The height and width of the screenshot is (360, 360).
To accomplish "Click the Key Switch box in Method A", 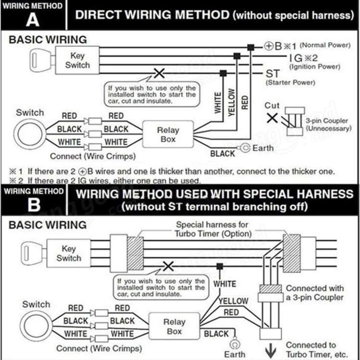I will point(77,60).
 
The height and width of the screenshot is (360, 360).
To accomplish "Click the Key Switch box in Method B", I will point(69,253).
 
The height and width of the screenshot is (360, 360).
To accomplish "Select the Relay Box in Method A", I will point(168,134).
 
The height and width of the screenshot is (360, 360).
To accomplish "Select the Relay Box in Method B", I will point(174,327).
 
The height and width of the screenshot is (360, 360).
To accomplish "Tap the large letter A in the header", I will point(33,20).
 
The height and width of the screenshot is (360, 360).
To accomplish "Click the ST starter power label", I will point(272,74).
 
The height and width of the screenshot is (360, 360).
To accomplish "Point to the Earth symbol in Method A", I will point(245,148).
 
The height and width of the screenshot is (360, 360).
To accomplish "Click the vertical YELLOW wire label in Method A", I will point(231,102).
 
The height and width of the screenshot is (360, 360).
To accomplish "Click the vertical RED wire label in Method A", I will point(245,102).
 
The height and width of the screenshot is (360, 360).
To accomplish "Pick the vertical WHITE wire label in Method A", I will point(218,102).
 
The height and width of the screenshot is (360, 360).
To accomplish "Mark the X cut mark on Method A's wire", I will point(158,73).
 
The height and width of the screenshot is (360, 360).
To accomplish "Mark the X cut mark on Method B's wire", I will point(168,266).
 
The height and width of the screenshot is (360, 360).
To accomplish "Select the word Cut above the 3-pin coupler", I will point(272,106).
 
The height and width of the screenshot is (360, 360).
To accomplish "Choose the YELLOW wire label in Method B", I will point(234,301).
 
